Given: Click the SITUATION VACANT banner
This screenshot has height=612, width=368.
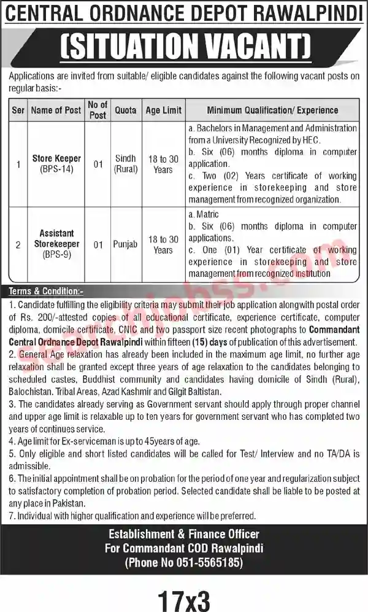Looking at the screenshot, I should coord(183,46).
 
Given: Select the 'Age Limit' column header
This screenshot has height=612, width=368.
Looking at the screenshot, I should coord(163,110).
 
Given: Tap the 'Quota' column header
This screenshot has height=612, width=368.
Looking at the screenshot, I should coord(126,110).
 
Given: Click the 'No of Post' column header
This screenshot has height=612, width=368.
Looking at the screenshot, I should coord(98,110).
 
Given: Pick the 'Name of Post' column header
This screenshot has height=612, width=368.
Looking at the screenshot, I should coord(56,110).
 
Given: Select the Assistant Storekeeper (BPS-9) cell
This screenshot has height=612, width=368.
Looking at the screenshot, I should coord(56,243).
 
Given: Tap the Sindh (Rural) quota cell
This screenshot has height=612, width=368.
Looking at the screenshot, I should coord(126,163).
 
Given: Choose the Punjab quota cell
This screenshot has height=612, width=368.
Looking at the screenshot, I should coord(126,244).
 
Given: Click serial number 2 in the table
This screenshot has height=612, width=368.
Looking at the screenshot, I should coord(18,244).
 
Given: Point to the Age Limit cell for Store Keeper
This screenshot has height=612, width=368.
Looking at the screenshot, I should coord(163,164).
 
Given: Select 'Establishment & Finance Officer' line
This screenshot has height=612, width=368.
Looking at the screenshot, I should coord(183,534).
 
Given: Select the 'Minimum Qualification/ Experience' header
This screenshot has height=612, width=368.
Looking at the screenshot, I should coord(272,110).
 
